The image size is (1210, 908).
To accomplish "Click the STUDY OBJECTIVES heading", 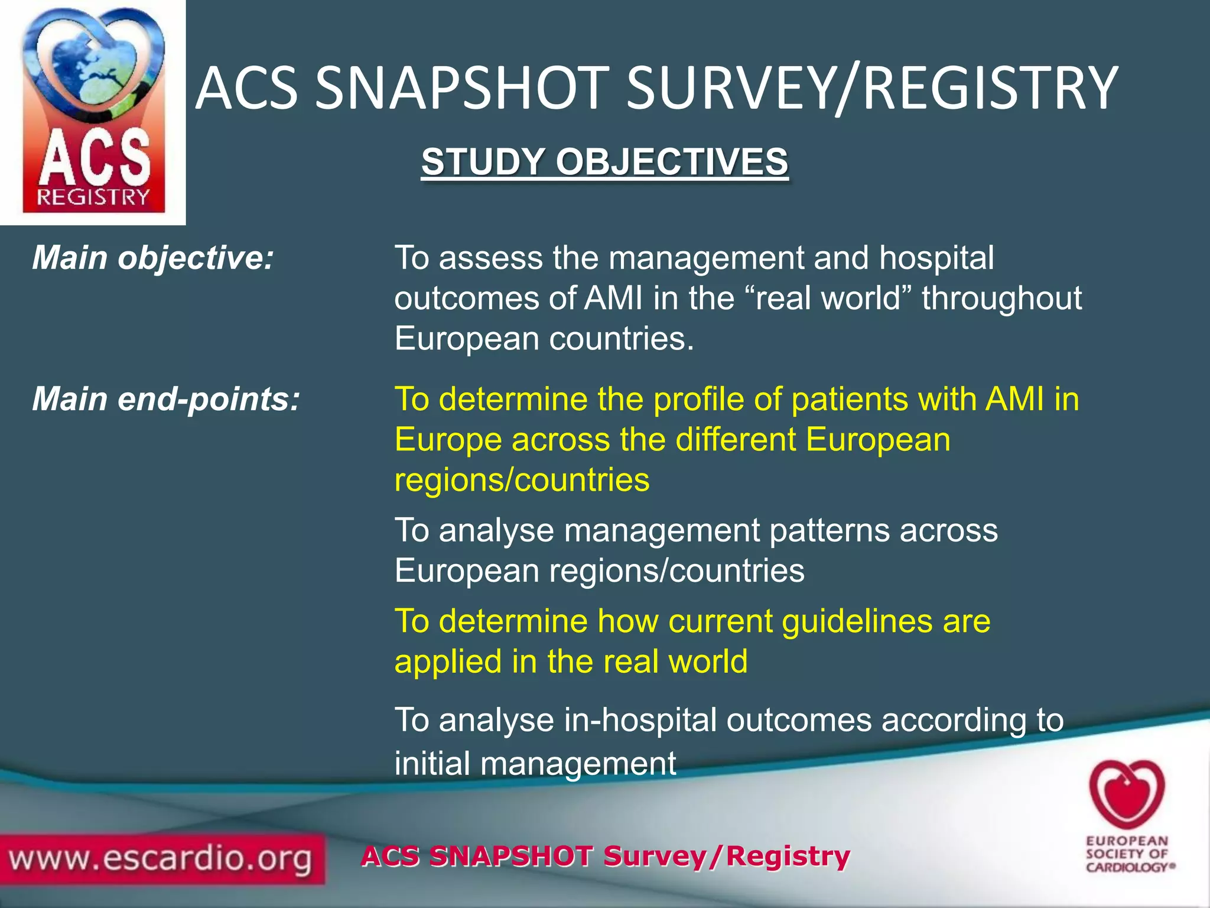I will coord(604,162).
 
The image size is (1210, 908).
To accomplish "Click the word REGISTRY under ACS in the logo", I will coord(93,197).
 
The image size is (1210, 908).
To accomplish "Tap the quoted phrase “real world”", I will coord(825,299).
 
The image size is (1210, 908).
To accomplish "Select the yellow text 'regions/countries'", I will coord(522,480).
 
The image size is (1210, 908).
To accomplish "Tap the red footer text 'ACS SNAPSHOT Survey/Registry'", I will coord(605,856).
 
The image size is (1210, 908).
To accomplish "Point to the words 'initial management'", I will coord(535,763).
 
